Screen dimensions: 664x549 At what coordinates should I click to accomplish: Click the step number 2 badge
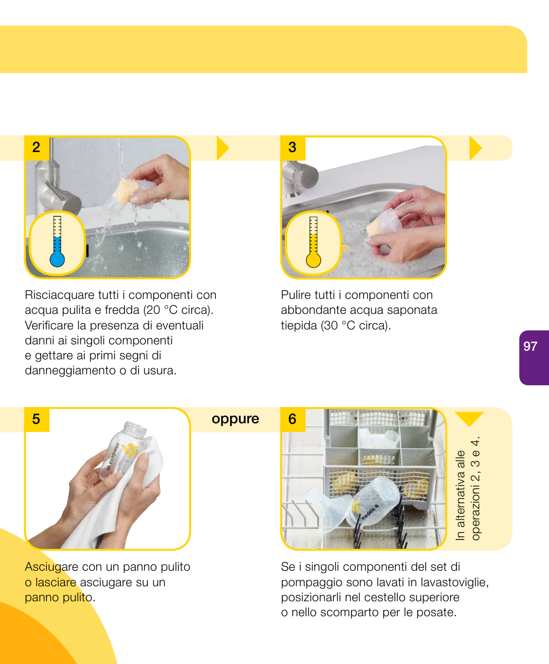(x=36, y=147)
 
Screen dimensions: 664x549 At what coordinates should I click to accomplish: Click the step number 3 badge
(x=292, y=147)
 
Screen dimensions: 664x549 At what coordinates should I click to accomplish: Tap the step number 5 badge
(x=36, y=419)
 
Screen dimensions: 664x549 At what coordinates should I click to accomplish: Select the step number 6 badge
(x=292, y=419)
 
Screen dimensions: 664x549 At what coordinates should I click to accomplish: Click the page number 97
(x=530, y=346)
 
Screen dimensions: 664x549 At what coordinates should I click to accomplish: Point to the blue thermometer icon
(x=57, y=242)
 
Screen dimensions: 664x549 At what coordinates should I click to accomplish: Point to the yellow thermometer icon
(x=313, y=242)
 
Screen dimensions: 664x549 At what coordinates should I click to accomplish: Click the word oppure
(x=235, y=419)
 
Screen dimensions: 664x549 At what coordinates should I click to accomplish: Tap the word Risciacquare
(x=59, y=295)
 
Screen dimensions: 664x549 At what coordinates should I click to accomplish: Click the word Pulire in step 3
(x=295, y=295)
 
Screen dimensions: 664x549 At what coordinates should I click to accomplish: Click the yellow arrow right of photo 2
(x=223, y=148)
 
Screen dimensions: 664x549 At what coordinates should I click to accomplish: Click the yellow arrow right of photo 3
(x=475, y=148)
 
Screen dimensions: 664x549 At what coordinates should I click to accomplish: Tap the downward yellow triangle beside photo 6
(x=470, y=419)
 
